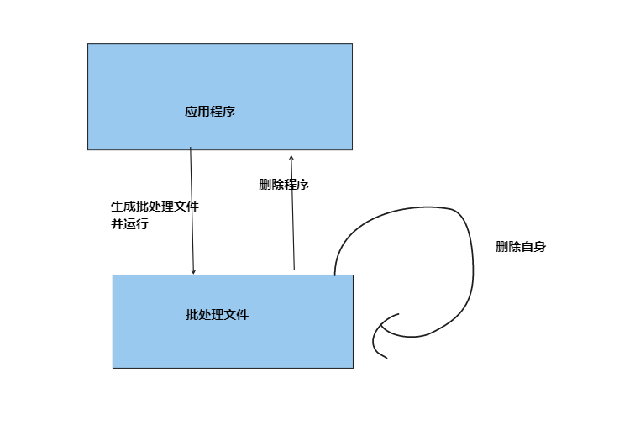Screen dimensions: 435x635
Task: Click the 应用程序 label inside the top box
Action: [x=210, y=112]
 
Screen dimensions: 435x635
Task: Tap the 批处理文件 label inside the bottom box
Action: [x=217, y=315]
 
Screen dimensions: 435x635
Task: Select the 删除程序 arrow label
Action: [x=284, y=185]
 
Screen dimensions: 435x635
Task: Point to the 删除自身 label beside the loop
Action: [x=521, y=247]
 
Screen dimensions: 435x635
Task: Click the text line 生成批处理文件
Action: [x=155, y=207]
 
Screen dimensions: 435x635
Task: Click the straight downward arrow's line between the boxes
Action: [x=192, y=210]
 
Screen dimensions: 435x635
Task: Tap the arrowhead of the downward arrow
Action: [x=193, y=271]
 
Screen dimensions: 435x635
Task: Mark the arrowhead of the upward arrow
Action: [x=291, y=157]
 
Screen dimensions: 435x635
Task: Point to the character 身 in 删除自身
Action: [x=540, y=247]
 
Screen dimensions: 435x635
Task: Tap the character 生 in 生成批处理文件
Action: [x=118, y=207]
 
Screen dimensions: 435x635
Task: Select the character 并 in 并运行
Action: [x=118, y=224]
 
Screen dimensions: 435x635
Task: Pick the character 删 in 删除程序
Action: [x=265, y=185]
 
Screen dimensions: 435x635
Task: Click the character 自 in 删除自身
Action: [x=527, y=247]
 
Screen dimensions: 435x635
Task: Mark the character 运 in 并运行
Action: [x=129, y=224]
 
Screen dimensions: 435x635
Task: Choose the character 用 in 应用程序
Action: [x=204, y=112]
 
